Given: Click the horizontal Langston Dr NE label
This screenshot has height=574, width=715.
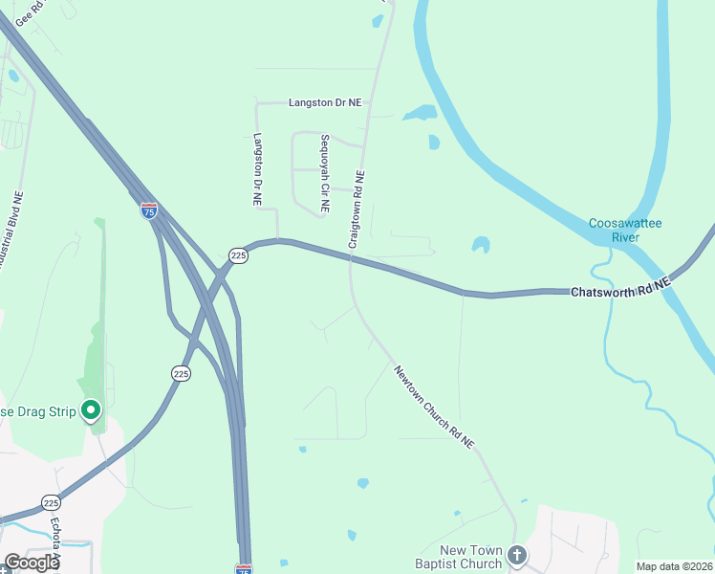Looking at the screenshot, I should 325,101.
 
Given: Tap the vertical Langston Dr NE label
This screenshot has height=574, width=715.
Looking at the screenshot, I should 257,169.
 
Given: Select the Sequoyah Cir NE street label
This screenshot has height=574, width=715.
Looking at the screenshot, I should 324,172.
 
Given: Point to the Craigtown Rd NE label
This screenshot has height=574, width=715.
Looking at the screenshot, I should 357,210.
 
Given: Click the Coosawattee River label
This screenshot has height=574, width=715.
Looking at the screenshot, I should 625,230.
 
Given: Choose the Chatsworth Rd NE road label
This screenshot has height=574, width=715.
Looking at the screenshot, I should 621,289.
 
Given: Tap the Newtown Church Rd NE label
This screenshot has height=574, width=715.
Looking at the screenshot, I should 435,406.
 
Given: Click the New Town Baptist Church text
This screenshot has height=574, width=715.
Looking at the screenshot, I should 470,557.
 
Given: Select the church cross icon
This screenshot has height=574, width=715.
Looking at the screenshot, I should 517,554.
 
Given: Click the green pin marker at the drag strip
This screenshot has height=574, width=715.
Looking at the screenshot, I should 92,410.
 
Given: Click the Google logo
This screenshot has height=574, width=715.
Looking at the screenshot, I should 31,562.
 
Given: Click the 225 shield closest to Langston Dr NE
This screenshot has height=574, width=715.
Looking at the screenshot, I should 239,255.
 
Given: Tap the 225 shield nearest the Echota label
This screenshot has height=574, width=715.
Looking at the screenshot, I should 51,502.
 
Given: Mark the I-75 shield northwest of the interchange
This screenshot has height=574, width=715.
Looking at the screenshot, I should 149,210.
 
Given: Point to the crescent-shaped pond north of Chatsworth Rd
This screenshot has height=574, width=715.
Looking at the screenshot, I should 481,245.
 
